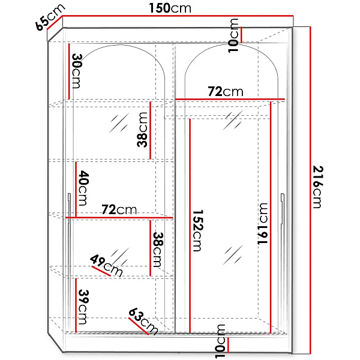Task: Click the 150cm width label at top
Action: coord(170,8)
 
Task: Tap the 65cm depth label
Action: coord(50,17)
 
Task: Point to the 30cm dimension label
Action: coord(77,71)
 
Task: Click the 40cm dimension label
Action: coord(83,188)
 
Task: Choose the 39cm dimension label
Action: coord(83,307)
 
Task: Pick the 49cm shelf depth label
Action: coord(106,265)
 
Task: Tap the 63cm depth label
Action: coord(143,321)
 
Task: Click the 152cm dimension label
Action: coord(197,230)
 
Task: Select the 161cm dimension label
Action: coord(263,224)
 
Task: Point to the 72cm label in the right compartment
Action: coord(226,91)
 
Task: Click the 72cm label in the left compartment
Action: coord(119,209)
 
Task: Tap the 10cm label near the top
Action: coord(233,35)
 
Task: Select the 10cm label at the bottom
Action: coord(220,341)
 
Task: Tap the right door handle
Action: coord(283,208)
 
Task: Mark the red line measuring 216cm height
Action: coord(310,190)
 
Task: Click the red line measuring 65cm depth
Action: coord(55,23)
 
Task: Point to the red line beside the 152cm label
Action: coord(190,226)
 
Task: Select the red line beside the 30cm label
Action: coord(68,71)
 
